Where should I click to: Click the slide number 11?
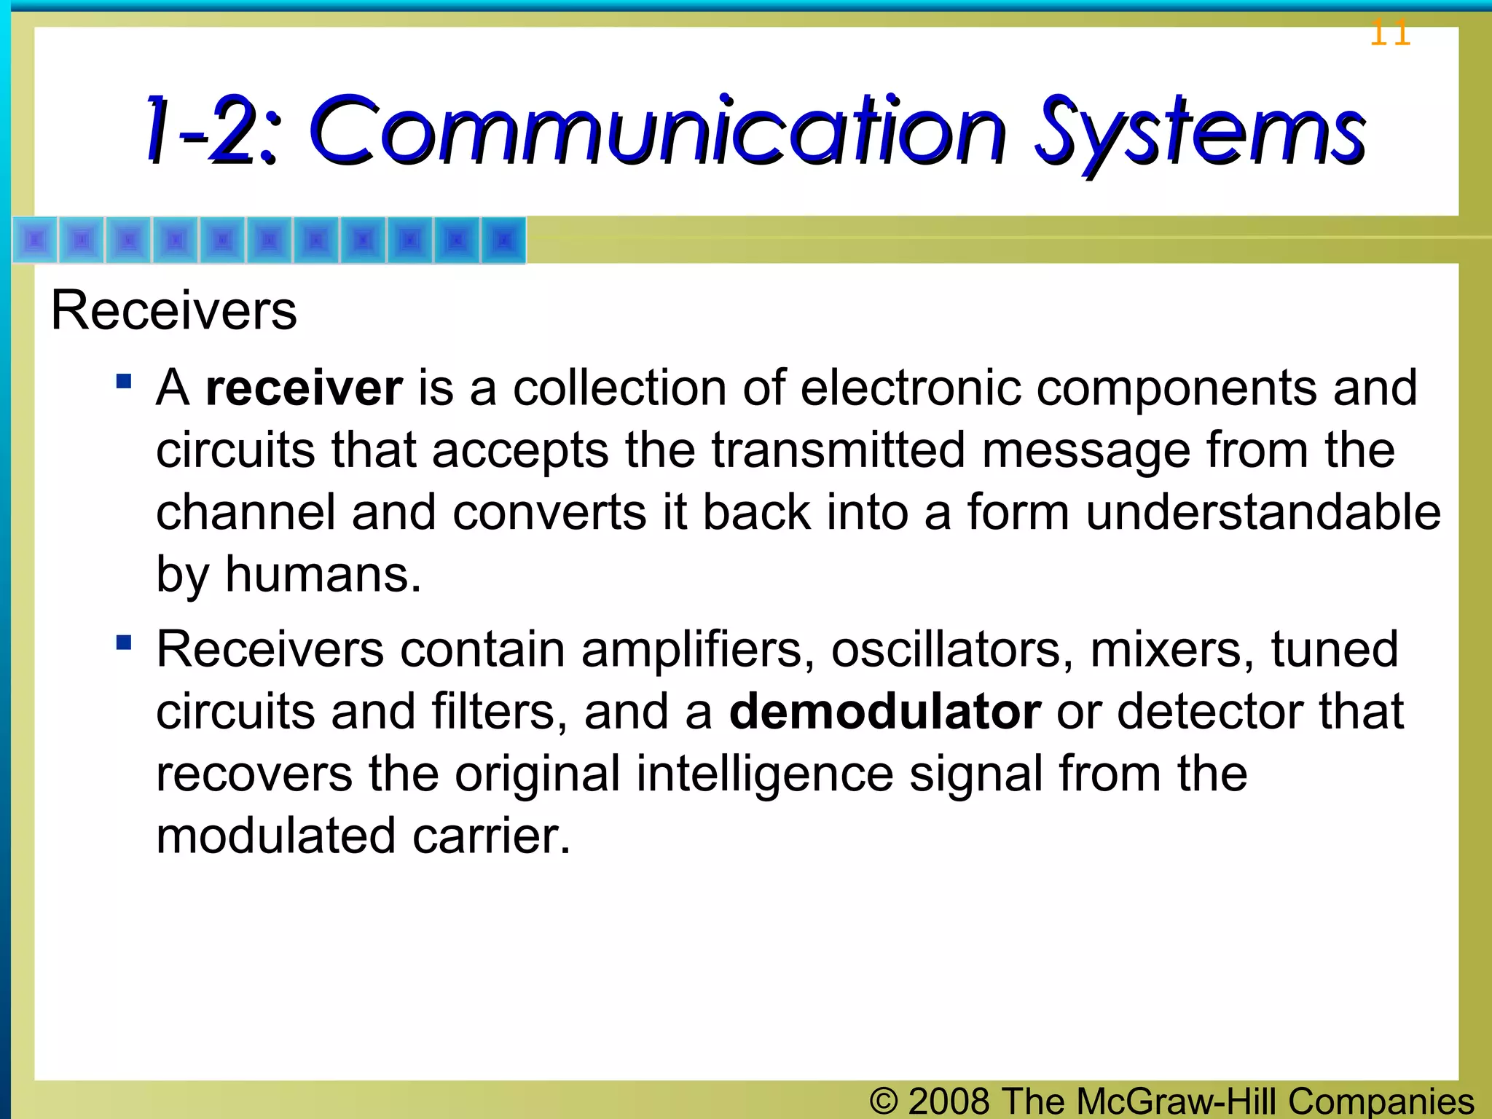1390,34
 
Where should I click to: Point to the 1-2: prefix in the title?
211,131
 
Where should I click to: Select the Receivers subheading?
174,311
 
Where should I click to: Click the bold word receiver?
304,388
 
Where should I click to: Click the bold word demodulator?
884,712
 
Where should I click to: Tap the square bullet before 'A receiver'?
124,381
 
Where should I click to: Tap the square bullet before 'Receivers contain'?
124,643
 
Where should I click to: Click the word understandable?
1263,512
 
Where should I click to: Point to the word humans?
323,575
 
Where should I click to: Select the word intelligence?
764,774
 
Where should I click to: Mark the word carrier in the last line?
491,836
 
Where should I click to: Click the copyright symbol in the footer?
883,1101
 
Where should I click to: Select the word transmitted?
839,450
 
